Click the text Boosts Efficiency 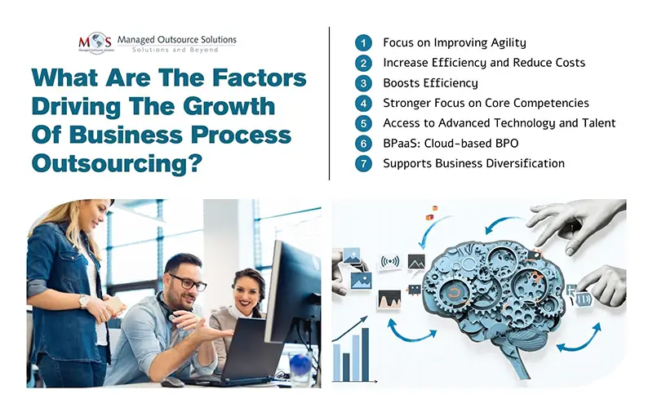pos(430,82)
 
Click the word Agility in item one pos(504,42)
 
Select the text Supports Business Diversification pos(473,163)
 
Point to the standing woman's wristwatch pos(84,299)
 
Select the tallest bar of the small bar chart pos(365,353)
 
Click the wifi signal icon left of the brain pos(391,262)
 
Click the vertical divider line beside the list pos(330,102)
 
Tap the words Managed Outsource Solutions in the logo pos(176,39)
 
